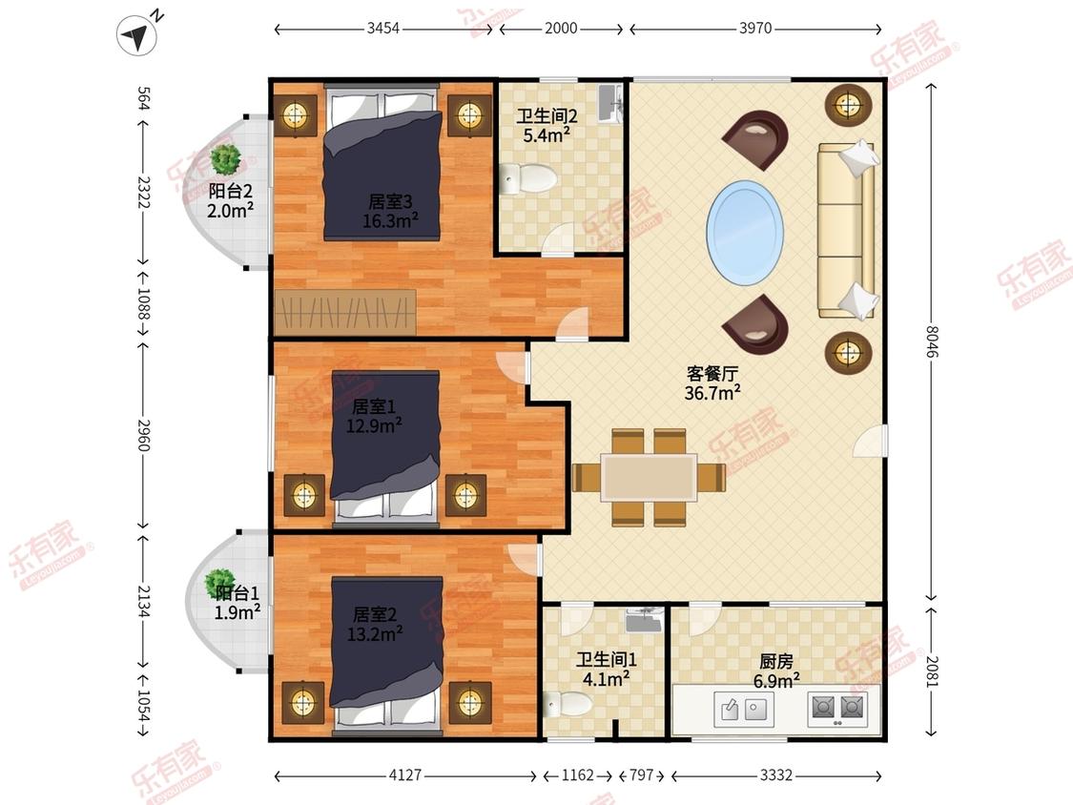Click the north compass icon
click(136, 35)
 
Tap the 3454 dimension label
click(382, 28)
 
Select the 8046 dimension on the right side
click(931, 341)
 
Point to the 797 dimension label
click(641, 774)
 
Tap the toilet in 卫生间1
click(568, 704)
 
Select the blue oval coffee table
click(745, 234)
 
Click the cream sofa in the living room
click(847, 230)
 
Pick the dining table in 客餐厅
click(649, 477)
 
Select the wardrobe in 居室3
click(345, 312)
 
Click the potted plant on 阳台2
click(225, 159)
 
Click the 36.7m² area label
click(712, 393)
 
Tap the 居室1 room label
click(373, 406)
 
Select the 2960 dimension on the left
click(143, 435)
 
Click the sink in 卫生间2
click(609, 103)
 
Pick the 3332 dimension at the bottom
click(776, 774)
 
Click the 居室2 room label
click(374, 614)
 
